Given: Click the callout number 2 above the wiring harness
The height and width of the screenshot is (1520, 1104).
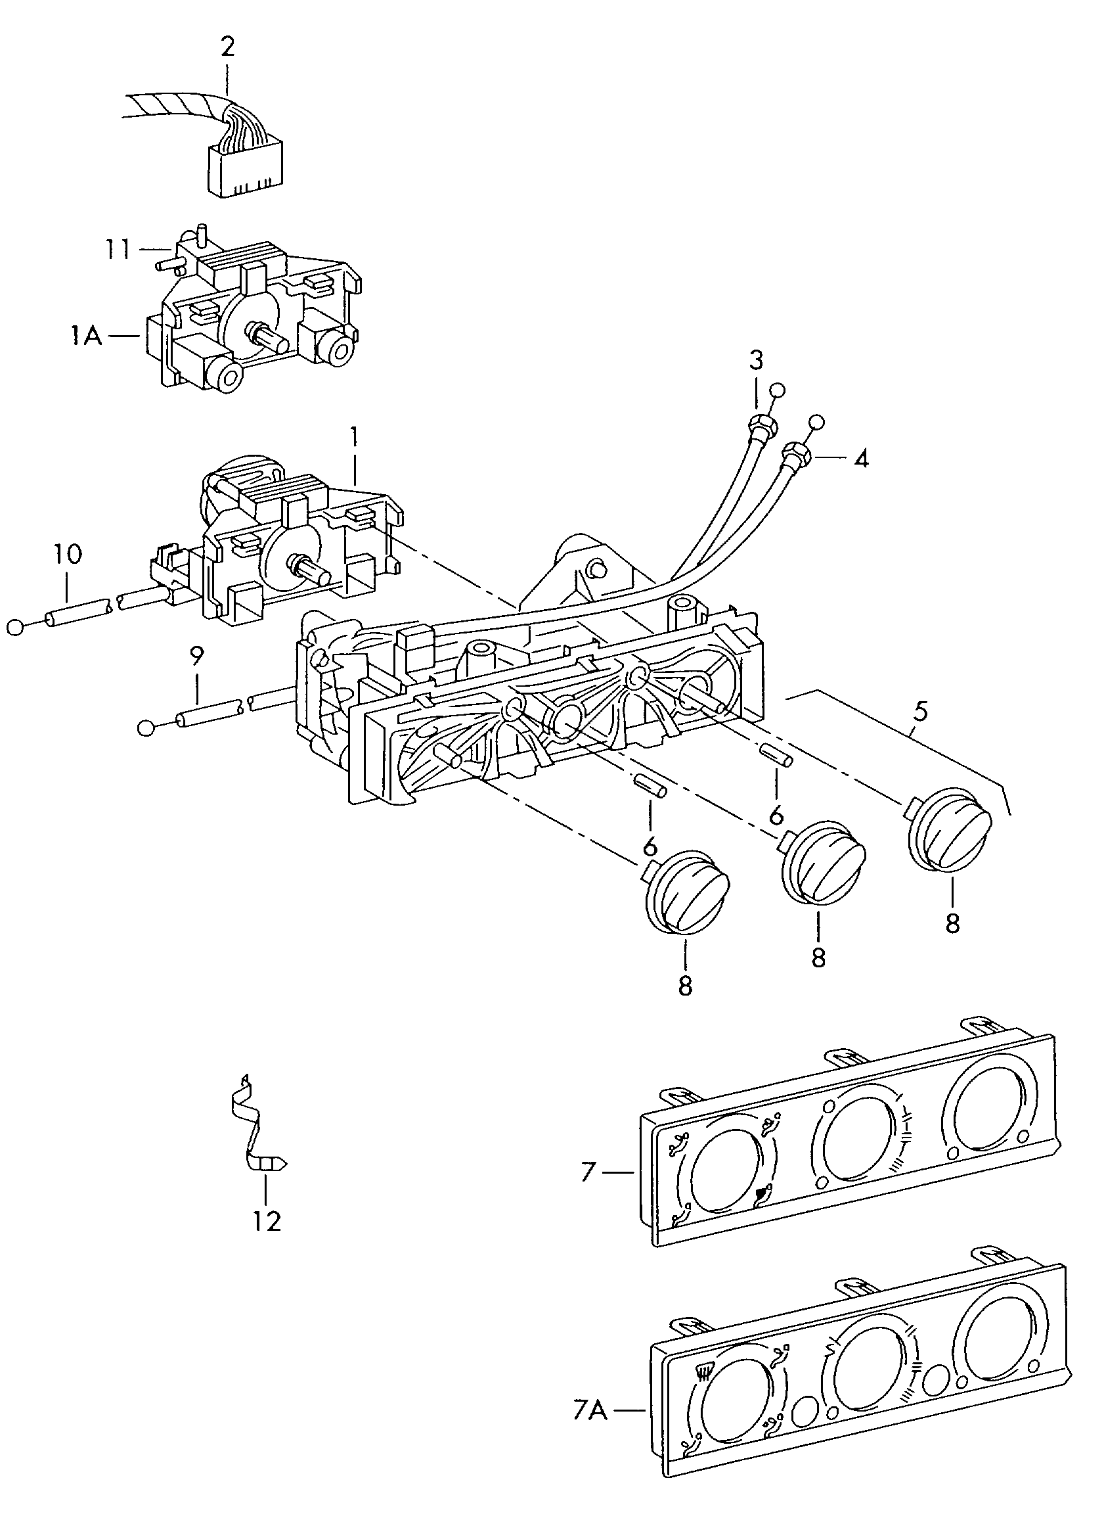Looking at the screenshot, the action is click(x=227, y=47).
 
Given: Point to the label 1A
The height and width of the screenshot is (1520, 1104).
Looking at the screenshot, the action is click(x=87, y=335).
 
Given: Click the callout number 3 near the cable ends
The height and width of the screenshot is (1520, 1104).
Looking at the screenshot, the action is click(x=755, y=361).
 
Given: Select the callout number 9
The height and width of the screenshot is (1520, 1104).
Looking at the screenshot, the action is click(x=196, y=656).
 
